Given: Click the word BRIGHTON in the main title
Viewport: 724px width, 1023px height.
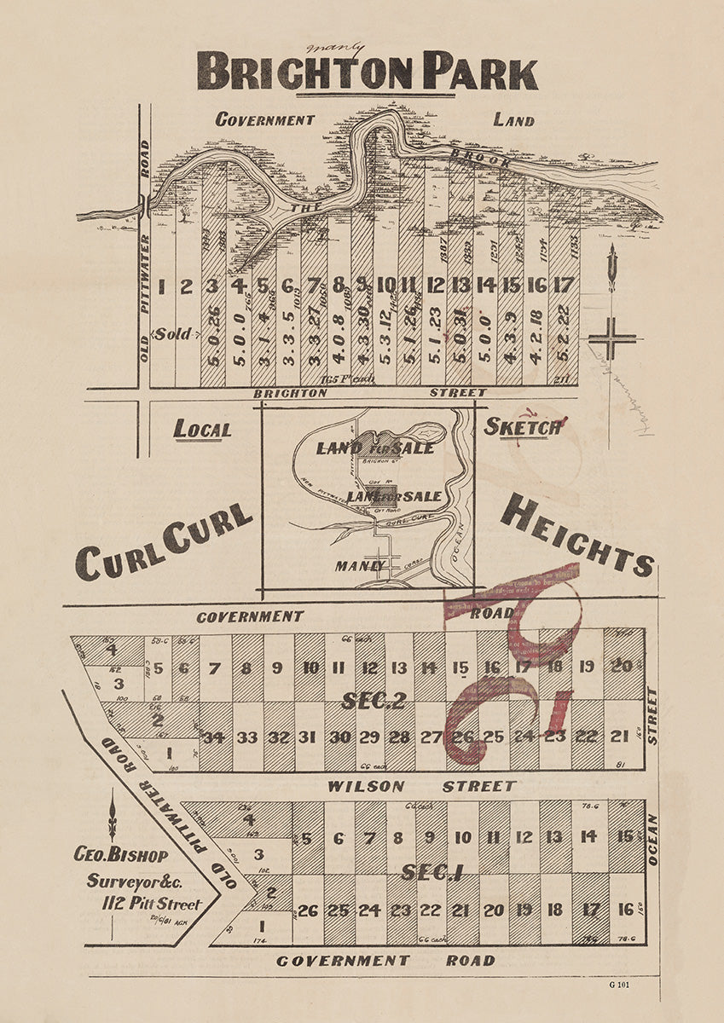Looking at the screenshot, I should click(x=304, y=71).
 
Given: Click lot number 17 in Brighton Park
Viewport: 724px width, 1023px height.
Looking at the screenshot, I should click(x=563, y=285).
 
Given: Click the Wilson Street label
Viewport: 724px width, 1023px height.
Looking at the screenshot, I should click(x=421, y=786).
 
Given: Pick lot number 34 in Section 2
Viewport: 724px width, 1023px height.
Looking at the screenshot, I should click(x=214, y=737).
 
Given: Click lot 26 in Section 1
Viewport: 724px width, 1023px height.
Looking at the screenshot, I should click(x=307, y=910).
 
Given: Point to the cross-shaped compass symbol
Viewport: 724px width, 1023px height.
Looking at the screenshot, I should click(x=611, y=339).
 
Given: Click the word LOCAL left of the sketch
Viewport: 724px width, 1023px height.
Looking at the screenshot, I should click(x=202, y=429).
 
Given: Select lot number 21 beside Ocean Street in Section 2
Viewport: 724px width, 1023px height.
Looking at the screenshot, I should click(x=619, y=737).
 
